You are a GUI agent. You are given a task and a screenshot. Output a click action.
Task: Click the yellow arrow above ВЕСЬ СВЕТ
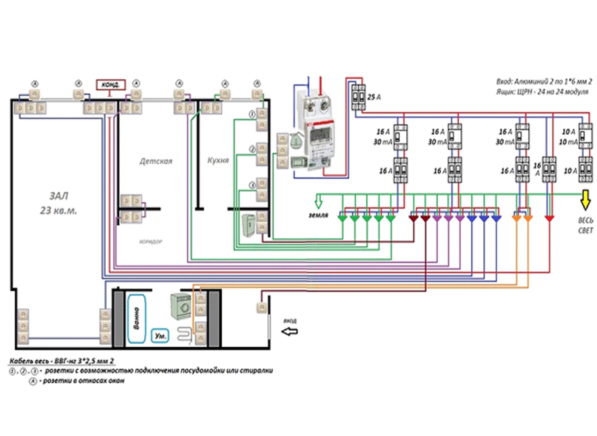click(585, 200)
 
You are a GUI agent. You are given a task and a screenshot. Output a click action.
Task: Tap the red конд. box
click(111, 85)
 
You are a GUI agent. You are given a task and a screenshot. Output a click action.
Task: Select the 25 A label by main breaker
click(374, 97)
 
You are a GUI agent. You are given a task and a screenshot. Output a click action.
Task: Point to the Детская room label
click(156, 161)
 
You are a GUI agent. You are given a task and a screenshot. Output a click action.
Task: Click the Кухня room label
click(218, 160)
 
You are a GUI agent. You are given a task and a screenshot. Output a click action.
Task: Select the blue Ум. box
click(160, 336)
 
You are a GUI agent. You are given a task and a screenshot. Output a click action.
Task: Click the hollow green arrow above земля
click(318, 202)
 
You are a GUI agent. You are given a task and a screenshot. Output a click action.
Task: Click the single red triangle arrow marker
click(549, 218)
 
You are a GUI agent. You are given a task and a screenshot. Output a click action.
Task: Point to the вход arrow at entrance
click(290, 331)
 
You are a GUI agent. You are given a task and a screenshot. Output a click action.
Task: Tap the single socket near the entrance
click(261, 307)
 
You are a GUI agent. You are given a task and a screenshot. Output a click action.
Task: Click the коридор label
click(151, 242)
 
